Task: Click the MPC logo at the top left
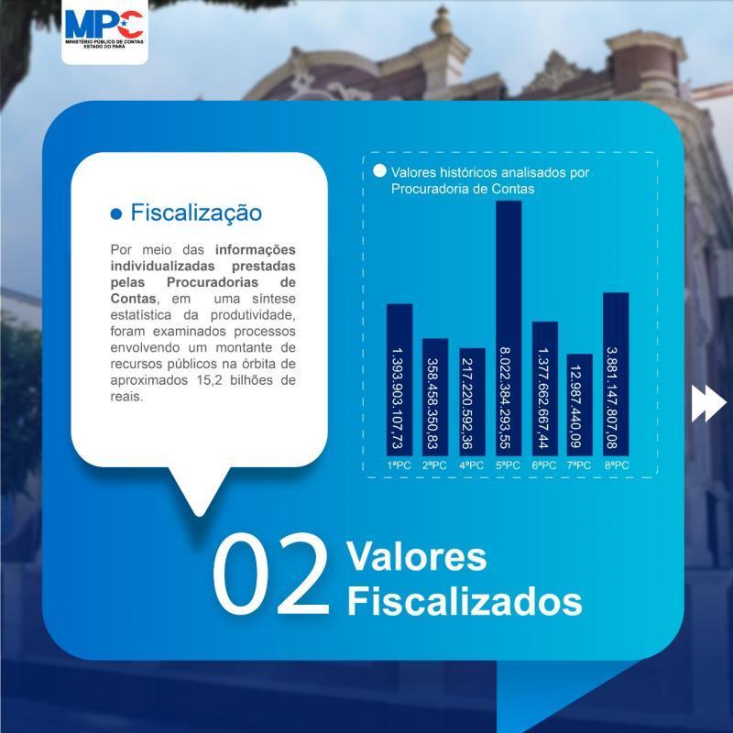[x=104, y=29]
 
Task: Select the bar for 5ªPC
[x=509, y=328]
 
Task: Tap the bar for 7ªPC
[x=580, y=405]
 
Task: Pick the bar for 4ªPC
[x=472, y=402]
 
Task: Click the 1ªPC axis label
[x=399, y=465]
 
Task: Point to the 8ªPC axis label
[x=617, y=465]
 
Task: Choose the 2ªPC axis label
[x=434, y=465]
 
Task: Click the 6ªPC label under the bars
[x=544, y=465]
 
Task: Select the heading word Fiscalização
[x=196, y=213]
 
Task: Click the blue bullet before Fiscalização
[x=116, y=214]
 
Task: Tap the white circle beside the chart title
[x=379, y=171]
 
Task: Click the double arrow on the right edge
[x=709, y=403]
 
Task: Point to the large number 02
[x=271, y=574]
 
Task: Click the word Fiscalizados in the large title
[x=465, y=602]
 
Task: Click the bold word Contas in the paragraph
[x=133, y=299]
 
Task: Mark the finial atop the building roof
[x=442, y=22]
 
